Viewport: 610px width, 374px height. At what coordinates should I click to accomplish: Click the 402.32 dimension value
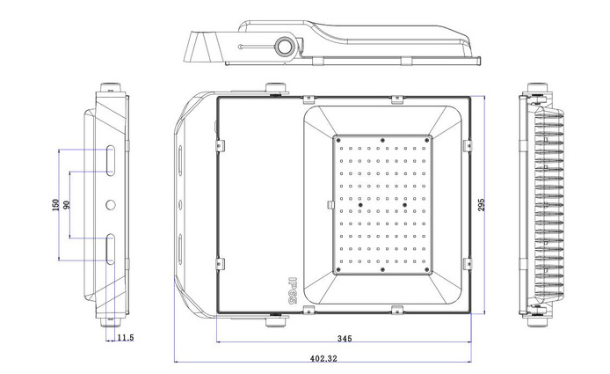[x=323, y=358]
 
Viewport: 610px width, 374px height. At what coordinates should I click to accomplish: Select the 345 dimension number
[x=345, y=338]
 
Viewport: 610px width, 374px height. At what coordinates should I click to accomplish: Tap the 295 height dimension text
[x=482, y=205]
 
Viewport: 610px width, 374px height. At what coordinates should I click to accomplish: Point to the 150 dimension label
[x=55, y=205]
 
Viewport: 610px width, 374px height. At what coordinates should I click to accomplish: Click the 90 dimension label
[x=67, y=205]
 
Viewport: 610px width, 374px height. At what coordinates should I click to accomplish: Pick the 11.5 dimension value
[x=126, y=337]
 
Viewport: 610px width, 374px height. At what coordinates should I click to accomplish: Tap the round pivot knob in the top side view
[x=285, y=46]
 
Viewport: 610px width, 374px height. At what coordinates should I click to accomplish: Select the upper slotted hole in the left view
[x=111, y=160]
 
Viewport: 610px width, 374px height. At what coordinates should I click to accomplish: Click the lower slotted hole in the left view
[x=111, y=249]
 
